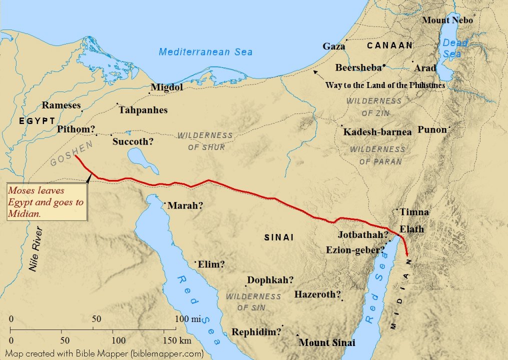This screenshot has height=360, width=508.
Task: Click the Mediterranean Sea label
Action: coord(206,52)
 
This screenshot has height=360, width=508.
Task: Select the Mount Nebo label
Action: coord(447,20)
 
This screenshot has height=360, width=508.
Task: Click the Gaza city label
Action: coord(334,46)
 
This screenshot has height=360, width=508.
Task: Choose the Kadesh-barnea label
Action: coord(377,132)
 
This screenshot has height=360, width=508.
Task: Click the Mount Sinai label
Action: coord(327,343)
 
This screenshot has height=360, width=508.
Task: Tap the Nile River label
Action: coord(36,249)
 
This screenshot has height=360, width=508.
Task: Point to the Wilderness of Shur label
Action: coord(206,141)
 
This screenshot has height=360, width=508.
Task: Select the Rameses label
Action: coord(61,105)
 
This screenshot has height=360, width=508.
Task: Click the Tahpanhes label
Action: coord(143,110)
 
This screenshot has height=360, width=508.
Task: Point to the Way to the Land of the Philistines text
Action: coord(385,85)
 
